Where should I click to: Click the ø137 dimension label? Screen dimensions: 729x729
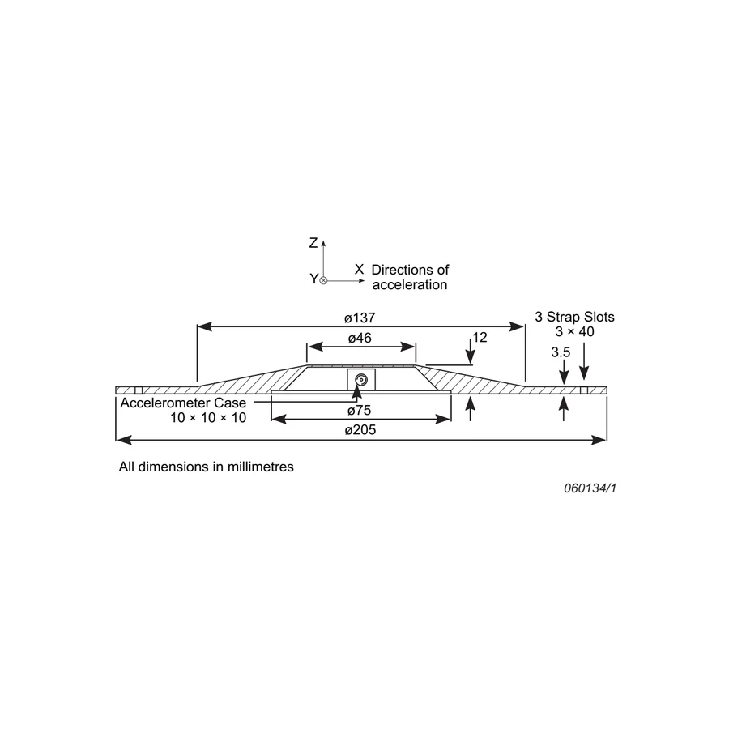click(360, 318)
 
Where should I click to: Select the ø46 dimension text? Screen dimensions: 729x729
click(360, 338)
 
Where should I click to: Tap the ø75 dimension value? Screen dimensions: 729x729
click(360, 410)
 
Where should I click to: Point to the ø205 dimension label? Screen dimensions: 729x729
click(360, 429)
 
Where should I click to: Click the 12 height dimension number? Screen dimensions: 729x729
click(480, 337)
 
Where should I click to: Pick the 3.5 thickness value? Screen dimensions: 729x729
click(561, 352)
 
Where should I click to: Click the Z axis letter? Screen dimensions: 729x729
click(313, 243)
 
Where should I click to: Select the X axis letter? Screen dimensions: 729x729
click(360, 269)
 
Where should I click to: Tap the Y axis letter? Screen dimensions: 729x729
click(313, 279)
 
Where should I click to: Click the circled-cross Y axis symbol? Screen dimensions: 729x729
click(323, 280)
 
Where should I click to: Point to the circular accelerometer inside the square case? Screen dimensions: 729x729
click(360, 381)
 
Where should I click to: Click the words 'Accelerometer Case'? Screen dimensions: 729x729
click(183, 403)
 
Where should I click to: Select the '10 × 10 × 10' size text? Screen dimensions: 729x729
click(208, 417)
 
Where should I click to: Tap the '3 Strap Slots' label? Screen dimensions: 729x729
click(574, 317)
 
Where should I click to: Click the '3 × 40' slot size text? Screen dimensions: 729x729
click(574, 331)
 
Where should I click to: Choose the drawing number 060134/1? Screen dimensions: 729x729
click(590, 488)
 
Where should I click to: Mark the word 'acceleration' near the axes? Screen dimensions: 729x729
click(410, 284)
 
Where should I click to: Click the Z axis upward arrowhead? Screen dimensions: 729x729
click(323, 243)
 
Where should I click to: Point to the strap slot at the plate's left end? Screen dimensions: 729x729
click(138, 390)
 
